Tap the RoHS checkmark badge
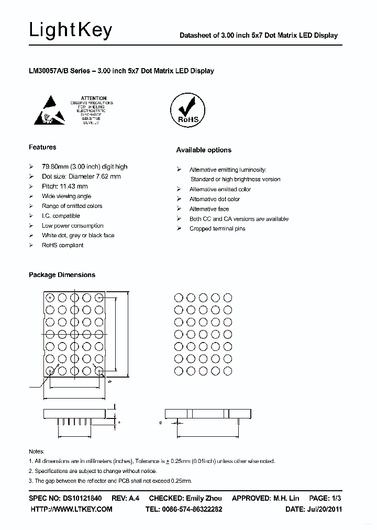tap(185, 110)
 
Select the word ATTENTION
tap(94, 98)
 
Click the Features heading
tap(42, 147)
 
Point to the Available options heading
tap(203, 150)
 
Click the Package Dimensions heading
tap(62, 275)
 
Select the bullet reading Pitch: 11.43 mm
tap(64, 186)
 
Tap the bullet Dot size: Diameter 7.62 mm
tap(81, 176)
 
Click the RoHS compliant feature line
tap(62, 245)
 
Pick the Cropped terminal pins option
tap(217, 229)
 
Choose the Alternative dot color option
tap(215, 199)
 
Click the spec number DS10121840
tap(82, 498)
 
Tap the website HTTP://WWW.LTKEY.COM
tap(71, 509)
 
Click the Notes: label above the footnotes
tap(36, 451)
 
